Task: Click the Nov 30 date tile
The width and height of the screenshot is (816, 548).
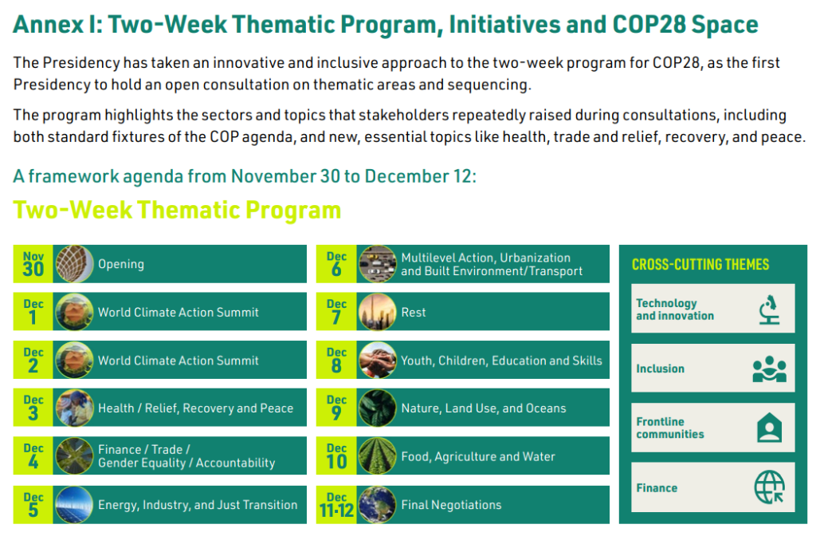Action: coord(33,264)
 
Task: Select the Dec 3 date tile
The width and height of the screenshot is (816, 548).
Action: coord(33,408)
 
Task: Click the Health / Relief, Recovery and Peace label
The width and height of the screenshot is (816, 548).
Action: coord(195,408)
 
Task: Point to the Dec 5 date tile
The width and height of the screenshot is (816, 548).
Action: coord(33,504)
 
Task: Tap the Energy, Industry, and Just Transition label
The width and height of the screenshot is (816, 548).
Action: coord(198,505)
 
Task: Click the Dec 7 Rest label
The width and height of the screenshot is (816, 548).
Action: coord(414,313)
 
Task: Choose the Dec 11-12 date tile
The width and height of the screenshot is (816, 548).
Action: coord(336,504)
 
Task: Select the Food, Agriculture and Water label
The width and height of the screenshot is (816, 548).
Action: coord(478,457)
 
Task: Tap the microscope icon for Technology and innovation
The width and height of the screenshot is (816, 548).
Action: coord(768,309)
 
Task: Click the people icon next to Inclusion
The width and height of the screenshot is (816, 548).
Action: coord(769,369)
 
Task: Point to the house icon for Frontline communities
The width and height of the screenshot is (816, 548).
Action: coord(769,428)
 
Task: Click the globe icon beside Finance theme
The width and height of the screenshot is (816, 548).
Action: coord(769,487)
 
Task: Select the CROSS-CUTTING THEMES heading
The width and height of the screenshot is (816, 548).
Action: coord(700,265)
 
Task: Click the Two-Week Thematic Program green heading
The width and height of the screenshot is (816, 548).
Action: coord(177,210)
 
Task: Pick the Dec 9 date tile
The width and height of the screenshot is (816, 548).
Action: coord(336,408)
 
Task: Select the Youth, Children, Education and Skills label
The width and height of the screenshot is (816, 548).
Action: coord(501,361)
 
